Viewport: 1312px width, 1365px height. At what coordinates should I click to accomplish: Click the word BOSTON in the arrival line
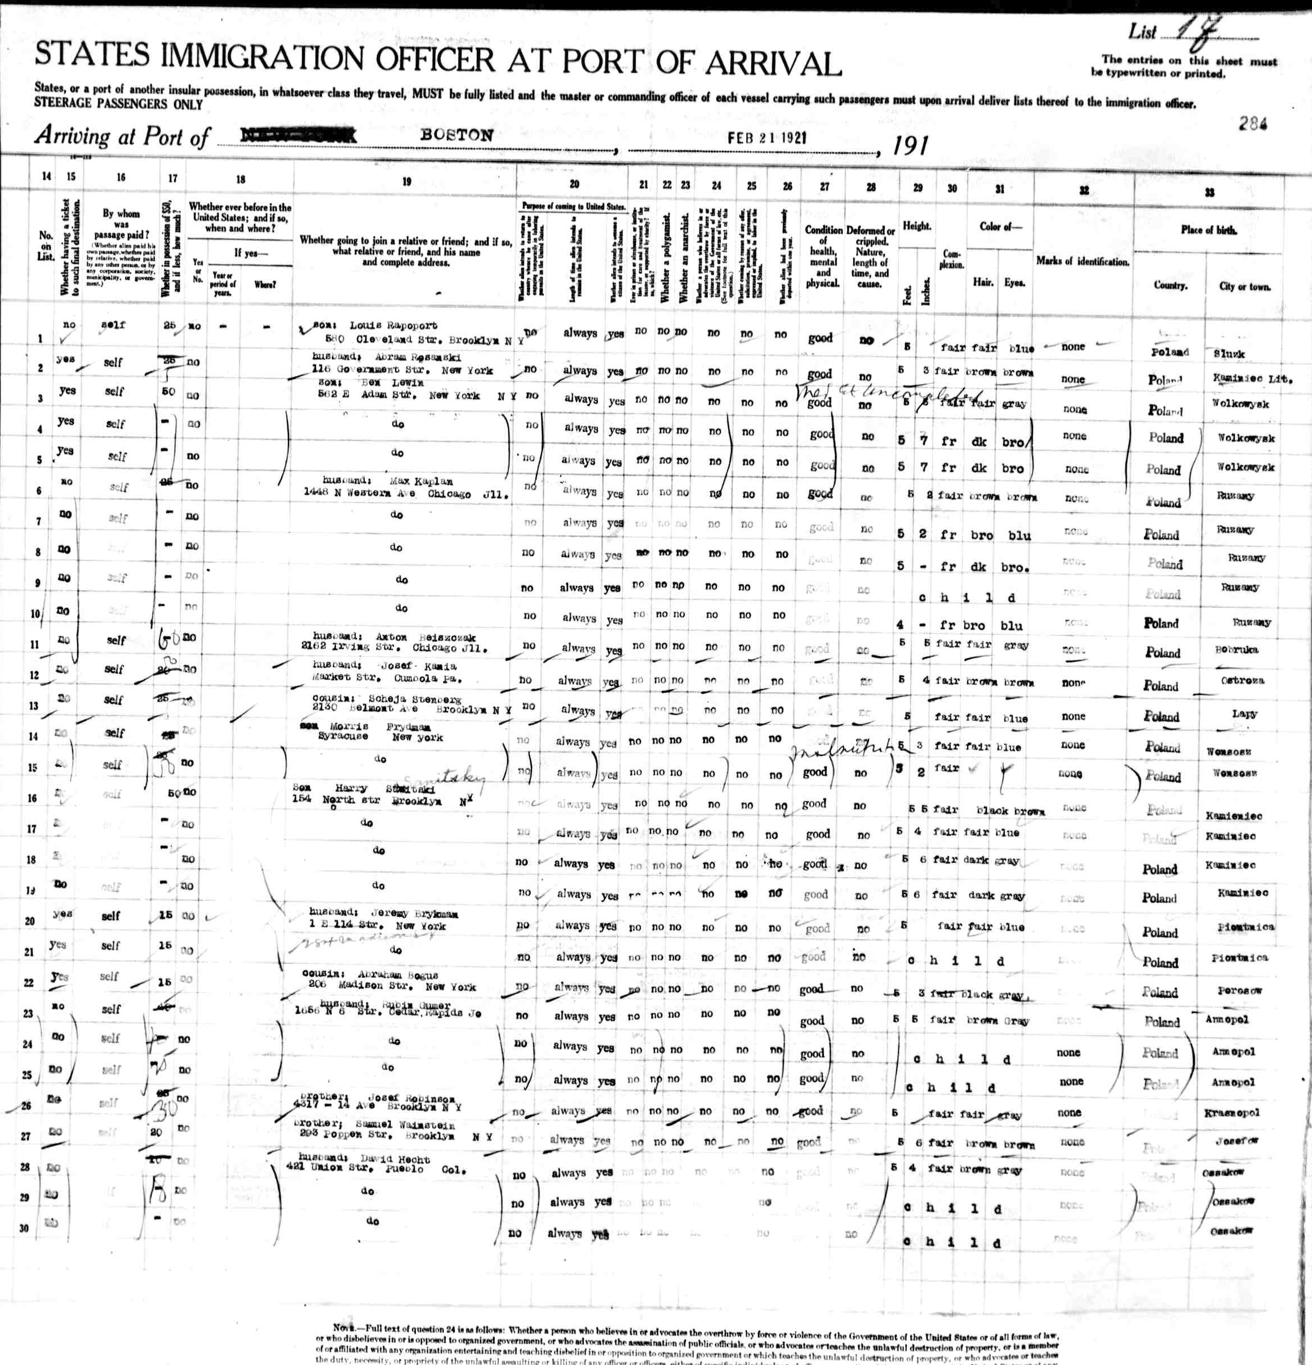click(x=457, y=135)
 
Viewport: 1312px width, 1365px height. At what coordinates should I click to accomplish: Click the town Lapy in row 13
click(x=1244, y=714)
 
